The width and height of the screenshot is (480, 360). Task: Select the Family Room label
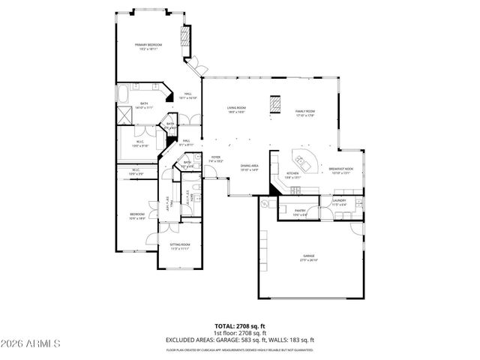304,112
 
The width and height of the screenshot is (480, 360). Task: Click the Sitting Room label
179,246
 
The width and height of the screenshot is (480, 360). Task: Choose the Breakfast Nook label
341,169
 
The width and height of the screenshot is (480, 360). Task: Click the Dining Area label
249,167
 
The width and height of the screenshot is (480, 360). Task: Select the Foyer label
215,158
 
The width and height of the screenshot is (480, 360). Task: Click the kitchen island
305,159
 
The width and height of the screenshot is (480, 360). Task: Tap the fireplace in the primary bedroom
184,39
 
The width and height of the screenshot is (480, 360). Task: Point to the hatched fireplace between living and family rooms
275,103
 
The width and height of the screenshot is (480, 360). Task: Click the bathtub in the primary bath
122,94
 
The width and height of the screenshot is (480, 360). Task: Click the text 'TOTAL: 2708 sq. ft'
240,325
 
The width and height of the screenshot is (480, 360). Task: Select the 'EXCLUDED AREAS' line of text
240,339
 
